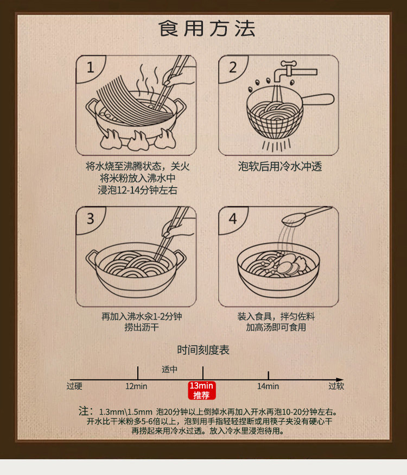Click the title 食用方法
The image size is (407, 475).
point(207,28)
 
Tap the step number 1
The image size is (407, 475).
point(90,67)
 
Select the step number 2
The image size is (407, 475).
point(233,67)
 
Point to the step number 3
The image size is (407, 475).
point(90,218)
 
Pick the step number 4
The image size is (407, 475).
point(233,218)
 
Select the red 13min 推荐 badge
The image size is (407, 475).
point(202,390)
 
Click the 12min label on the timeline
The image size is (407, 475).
point(136,386)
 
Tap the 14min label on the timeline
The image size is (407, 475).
point(268,386)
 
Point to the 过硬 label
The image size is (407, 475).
point(74,386)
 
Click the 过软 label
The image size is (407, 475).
point(336,386)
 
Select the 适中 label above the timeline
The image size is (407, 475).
point(169,369)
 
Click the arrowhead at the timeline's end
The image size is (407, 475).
point(340,379)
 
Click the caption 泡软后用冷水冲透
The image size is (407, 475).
point(280,166)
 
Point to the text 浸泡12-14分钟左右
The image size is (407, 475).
point(137,190)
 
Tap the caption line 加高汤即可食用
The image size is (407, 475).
point(276,327)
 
